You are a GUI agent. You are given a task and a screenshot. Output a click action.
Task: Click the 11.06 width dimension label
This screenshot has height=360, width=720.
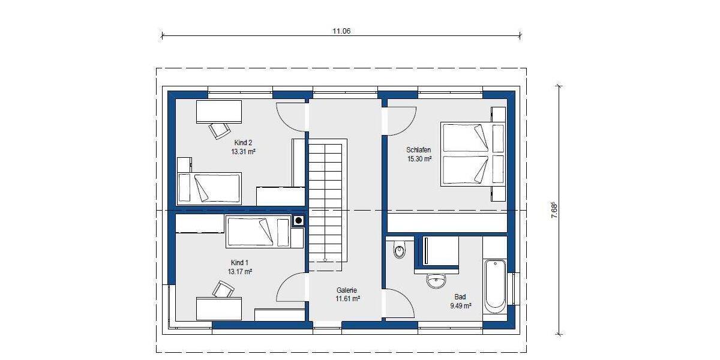(341, 31)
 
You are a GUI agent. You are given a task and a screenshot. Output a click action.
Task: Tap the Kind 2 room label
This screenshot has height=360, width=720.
(243, 143)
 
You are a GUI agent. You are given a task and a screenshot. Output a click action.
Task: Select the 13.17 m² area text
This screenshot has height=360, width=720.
(239, 272)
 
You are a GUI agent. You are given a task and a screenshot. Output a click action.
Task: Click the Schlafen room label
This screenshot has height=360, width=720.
(418, 150)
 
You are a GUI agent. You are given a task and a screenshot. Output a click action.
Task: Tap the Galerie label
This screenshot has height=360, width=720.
(347, 289)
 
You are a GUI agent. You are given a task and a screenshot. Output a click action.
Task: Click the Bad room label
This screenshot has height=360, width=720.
(460, 296)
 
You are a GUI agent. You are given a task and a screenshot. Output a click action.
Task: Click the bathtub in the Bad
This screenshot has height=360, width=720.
(495, 285)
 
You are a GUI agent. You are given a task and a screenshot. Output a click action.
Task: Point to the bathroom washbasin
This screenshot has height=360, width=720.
(436, 280)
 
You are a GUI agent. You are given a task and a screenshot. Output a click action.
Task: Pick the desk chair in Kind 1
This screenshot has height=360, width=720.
(223, 290)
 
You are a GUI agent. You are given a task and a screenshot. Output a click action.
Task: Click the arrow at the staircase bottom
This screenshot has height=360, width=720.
(325, 260)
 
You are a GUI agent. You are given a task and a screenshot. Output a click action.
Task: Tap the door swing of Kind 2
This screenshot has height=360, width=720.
(292, 117)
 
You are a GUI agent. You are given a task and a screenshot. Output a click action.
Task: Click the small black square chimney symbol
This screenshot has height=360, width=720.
(298, 221)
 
